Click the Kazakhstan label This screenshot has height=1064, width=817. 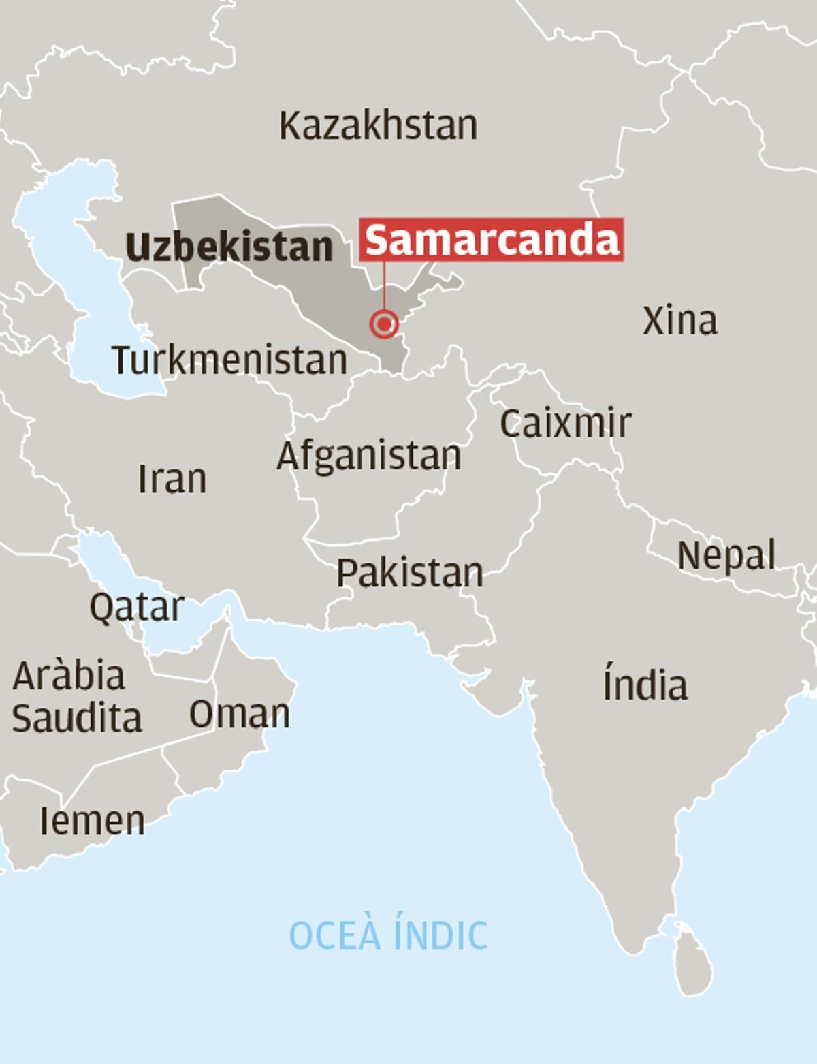(378, 126)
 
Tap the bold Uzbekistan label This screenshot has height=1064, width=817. (229, 247)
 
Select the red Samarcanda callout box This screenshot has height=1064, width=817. (492, 239)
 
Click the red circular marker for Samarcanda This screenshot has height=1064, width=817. (384, 323)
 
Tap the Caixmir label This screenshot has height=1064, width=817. (565, 423)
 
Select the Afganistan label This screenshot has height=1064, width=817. (369, 456)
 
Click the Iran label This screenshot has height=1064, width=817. (172, 479)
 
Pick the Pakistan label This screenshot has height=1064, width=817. (410, 573)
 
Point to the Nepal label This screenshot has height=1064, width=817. (726, 556)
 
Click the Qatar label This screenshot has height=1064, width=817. (137, 606)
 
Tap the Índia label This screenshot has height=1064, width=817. (645, 685)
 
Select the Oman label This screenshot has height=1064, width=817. (239, 714)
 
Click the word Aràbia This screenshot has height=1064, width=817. (69, 676)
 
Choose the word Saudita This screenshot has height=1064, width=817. (77, 718)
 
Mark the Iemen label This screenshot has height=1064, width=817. (92, 821)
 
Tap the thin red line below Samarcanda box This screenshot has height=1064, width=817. (384, 286)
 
